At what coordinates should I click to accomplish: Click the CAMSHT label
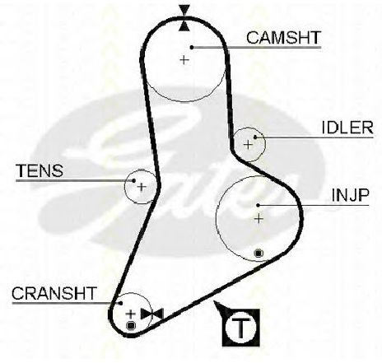pyautogui.click(x=283, y=38)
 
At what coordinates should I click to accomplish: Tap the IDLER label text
pyautogui.click(x=347, y=128)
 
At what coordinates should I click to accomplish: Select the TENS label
pyautogui.click(x=40, y=170)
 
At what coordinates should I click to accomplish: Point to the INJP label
pyautogui.click(x=350, y=195)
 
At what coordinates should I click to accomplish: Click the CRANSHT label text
pyautogui.click(x=54, y=293)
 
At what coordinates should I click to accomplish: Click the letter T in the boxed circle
pyautogui.click(x=241, y=328)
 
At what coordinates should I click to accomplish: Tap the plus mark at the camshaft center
pyautogui.click(x=184, y=59)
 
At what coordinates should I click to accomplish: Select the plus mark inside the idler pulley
pyautogui.click(x=248, y=144)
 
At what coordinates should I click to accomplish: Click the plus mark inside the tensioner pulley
pyautogui.click(x=142, y=187)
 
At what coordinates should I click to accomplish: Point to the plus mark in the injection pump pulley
pyautogui.click(x=259, y=219)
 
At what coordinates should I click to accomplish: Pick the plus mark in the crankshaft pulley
pyautogui.click(x=130, y=314)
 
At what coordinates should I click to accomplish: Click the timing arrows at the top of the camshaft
pyautogui.click(x=184, y=18)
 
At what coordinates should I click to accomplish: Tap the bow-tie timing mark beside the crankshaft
pyautogui.click(x=152, y=314)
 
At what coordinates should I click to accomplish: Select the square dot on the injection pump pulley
pyautogui.click(x=259, y=253)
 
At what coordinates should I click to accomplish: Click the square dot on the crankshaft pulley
pyautogui.click(x=131, y=325)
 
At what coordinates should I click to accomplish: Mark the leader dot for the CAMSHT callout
pyautogui.click(x=192, y=48)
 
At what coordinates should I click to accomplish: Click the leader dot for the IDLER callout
pyautogui.click(x=255, y=137)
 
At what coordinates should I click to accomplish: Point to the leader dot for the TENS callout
pyautogui.click(x=133, y=180)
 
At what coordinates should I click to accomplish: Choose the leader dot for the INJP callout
pyautogui.click(x=258, y=205)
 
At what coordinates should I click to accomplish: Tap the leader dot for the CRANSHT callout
pyautogui.click(x=120, y=303)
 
